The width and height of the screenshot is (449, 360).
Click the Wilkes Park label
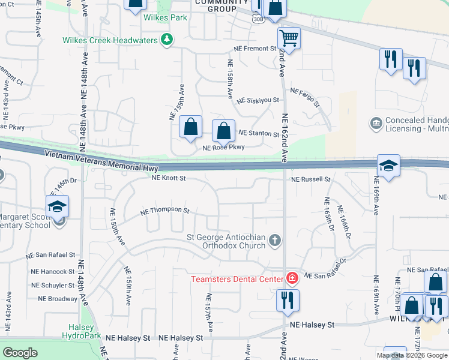point(165,17)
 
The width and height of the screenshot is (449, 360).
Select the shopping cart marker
point(289,38)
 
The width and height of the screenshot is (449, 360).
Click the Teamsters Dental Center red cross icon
point(292,278)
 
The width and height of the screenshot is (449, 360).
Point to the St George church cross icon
point(275,241)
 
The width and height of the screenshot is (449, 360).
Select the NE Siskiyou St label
point(258,101)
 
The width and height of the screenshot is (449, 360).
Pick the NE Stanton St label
point(259,133)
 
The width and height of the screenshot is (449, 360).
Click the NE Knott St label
point(169,178)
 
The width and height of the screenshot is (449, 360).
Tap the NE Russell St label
point(311,179)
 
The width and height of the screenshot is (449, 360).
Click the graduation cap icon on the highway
point(388,166)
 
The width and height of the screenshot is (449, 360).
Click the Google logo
point(20,353)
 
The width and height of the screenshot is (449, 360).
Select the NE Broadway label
point(58,299)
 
